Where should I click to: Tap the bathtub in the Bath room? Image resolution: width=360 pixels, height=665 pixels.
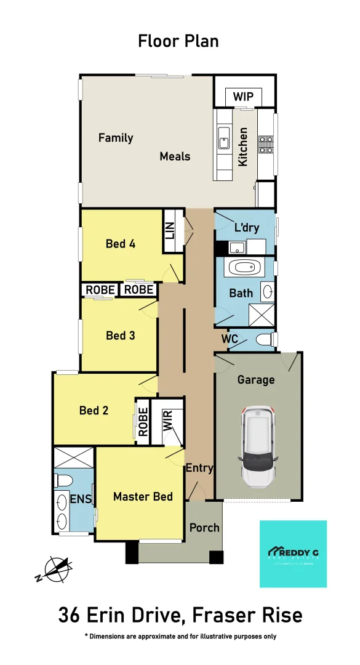[x=244, y=268]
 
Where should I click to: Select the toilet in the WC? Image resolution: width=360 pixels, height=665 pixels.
[x=264, y=339]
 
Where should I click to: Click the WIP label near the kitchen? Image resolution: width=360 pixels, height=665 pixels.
[x=243, y=97]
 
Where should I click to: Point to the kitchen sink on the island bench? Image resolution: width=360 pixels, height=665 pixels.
[x=223, y=142]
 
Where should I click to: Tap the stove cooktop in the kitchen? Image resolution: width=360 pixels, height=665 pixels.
[x=266, y=144]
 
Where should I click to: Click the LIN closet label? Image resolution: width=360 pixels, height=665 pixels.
[x=170, y=231]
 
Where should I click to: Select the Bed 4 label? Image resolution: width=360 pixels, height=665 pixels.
[x=121, y=244]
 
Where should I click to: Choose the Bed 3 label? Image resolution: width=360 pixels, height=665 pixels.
[x=121, y=336]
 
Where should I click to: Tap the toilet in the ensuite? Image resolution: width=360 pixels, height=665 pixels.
[x=65, y=480]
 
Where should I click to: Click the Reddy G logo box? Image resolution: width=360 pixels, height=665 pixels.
[x=293, y=554]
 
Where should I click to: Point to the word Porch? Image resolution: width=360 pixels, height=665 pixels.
[x=204, y=528]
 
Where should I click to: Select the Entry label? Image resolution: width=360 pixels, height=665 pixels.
[x=199, y=468]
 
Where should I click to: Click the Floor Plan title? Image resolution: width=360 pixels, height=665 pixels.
[x=178, y=41]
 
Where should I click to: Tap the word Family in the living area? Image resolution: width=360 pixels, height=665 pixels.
[x=116, y=138]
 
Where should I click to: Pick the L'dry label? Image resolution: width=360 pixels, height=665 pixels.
[x=247, y=228]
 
